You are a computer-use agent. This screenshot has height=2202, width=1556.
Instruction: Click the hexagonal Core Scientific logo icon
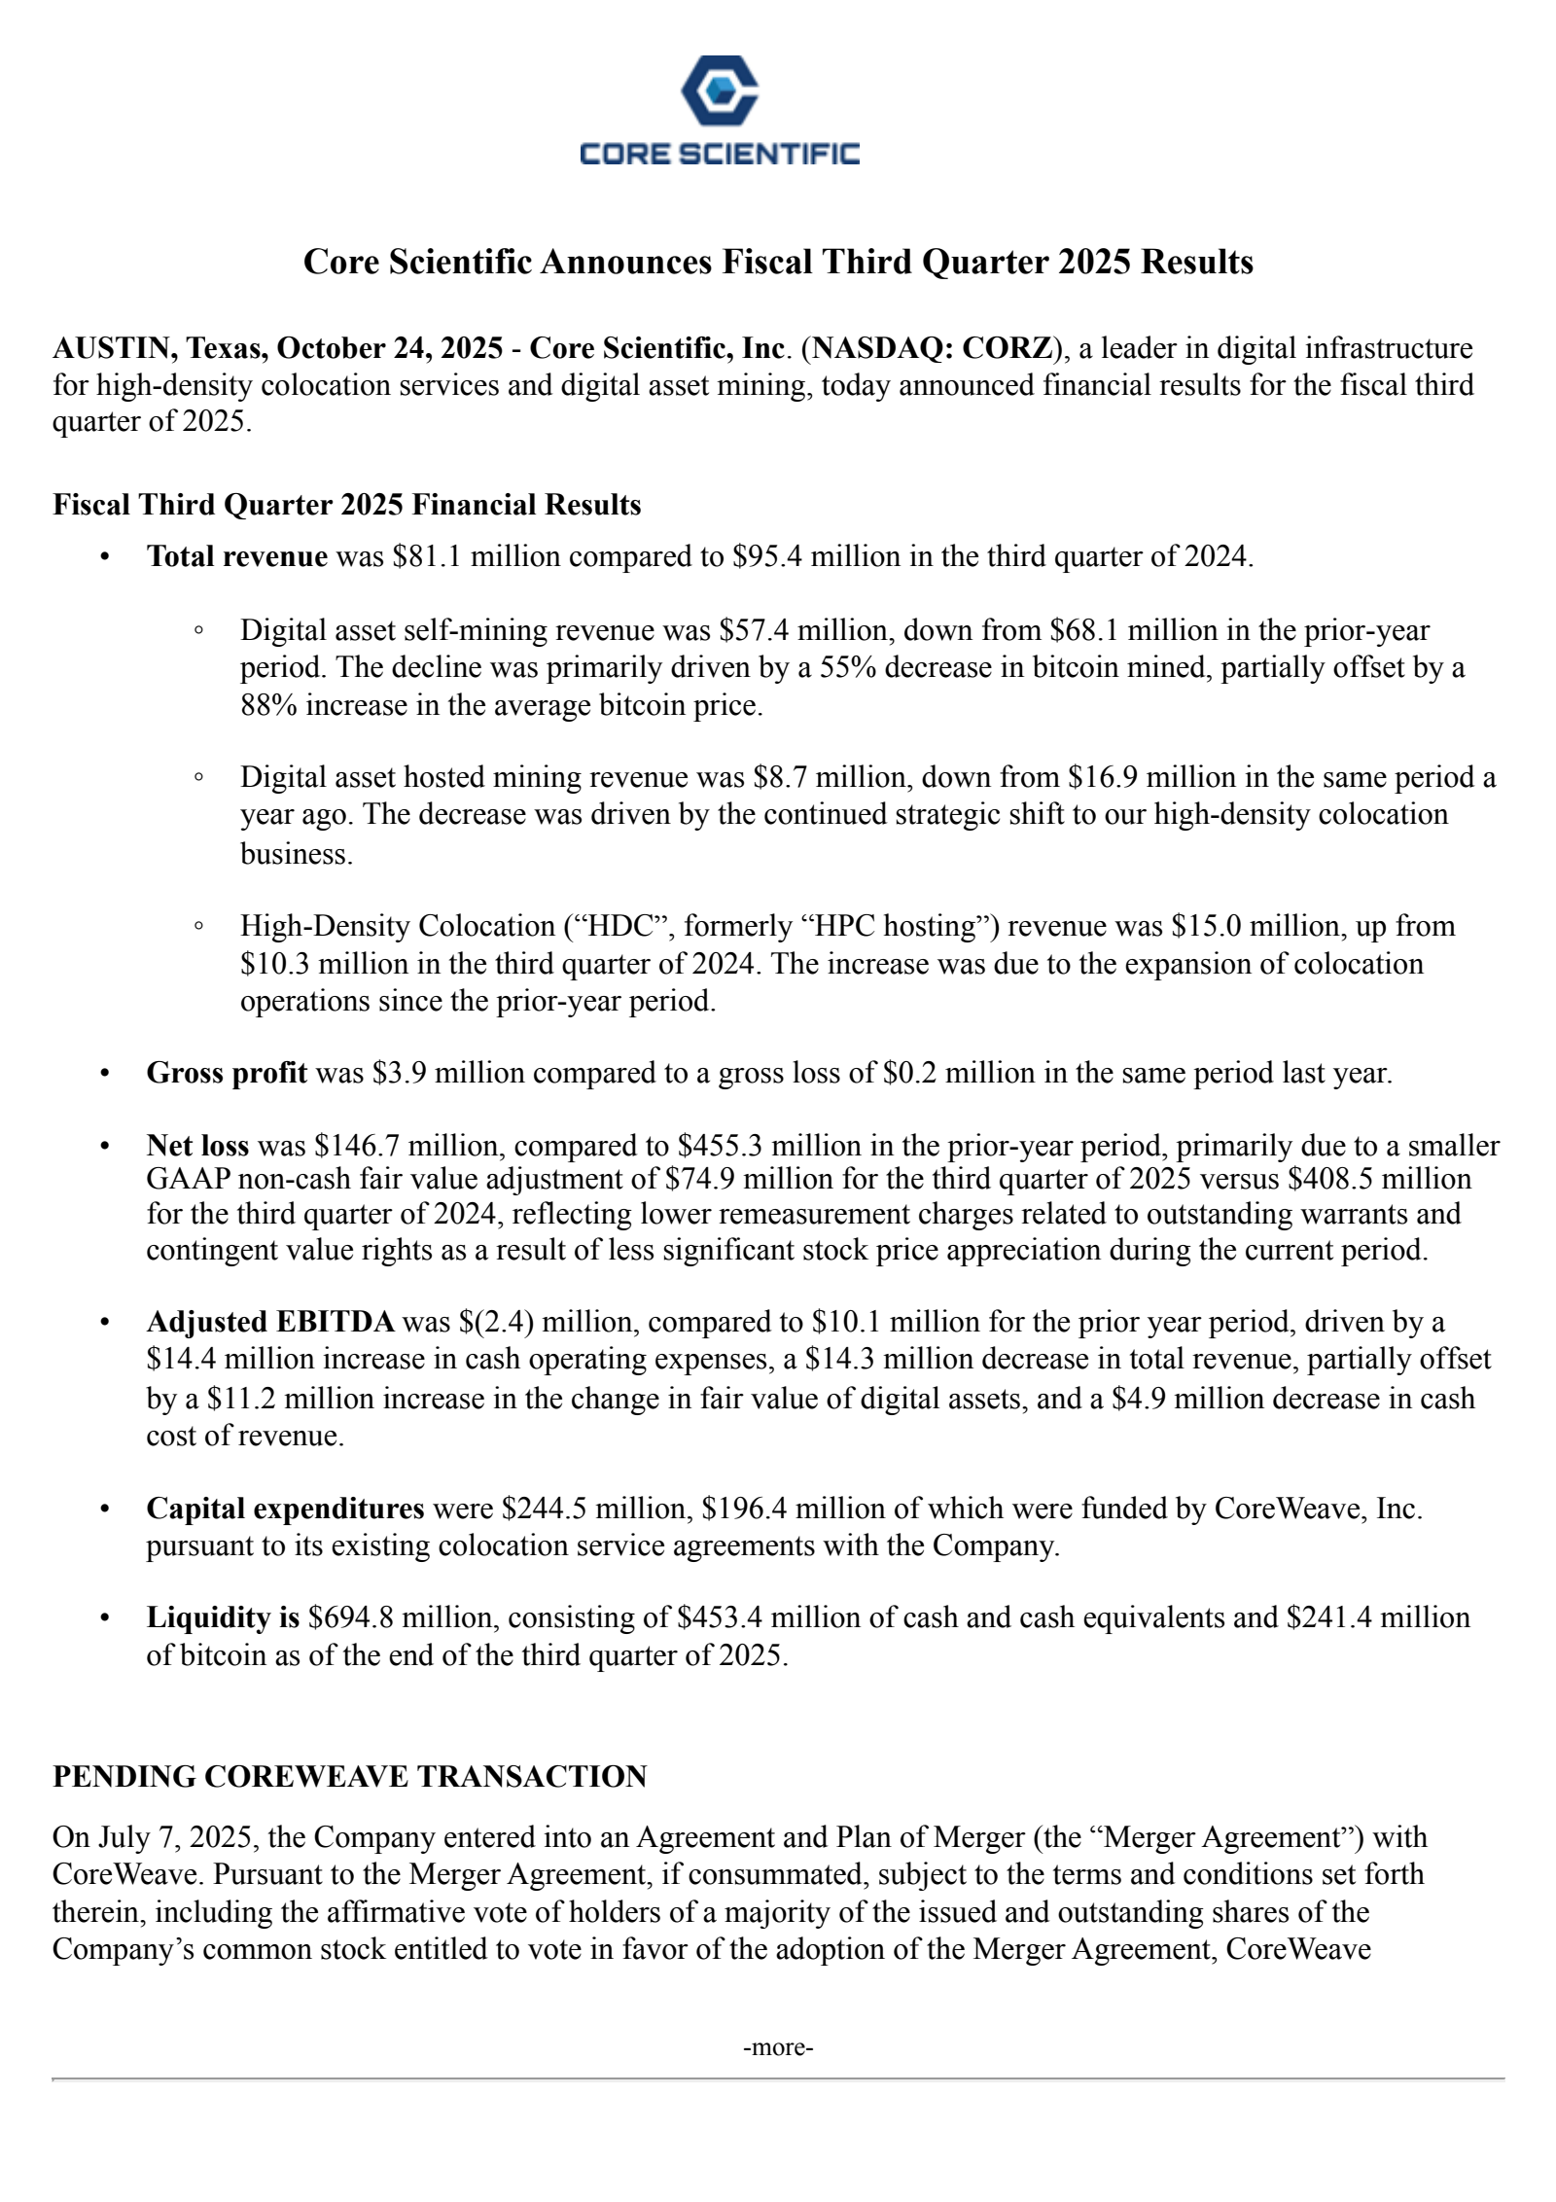(x=719, y=90)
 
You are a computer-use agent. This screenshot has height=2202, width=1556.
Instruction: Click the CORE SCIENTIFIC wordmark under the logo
(x=719, y=154)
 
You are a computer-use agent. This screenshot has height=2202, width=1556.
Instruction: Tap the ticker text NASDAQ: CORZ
(x=932, y=348)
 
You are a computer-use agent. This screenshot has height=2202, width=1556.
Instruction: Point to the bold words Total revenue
(x=236, y=556)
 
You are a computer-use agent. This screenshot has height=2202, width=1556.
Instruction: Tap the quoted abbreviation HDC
(x=611, y=926)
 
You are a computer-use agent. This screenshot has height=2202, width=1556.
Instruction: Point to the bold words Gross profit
(x=227, y=1073)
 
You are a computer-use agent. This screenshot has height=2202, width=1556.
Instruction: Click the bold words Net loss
(x=197, y=1146)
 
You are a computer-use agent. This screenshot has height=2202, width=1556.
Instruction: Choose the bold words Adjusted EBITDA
(x=270, y=1322)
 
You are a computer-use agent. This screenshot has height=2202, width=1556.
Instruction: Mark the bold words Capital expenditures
(x=285, y=1509)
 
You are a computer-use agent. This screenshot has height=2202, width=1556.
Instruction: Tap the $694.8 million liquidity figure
(x=400, y=1617)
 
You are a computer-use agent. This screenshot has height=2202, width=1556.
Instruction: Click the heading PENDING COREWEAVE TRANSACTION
(x=349, y=1777)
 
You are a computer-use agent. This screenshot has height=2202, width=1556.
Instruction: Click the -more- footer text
(x=778, y=2047)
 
